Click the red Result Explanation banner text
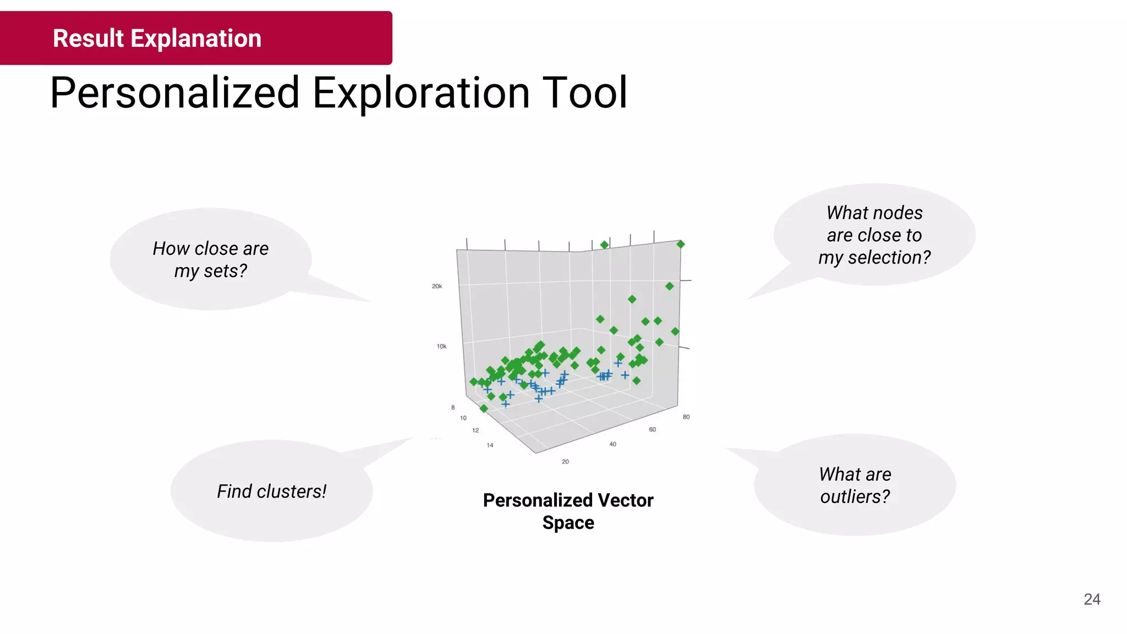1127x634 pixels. point(157,39)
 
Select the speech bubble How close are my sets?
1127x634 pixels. point(211,259)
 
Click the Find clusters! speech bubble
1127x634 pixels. point(271,491)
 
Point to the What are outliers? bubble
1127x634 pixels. point(855,485)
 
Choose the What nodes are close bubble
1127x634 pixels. point(874,234)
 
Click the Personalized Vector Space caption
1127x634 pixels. point(568,511)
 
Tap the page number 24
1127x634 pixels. point(1092,599)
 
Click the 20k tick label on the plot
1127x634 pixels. point(437,286)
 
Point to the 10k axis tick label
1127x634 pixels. point(441,346)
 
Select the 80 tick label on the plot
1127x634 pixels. point(686,417)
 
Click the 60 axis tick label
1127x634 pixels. point(652,429)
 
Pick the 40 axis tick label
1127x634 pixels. point(612,444)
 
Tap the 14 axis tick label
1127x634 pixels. point(490,445)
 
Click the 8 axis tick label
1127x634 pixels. point(453,407)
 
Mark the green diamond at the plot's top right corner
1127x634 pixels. point(681,244)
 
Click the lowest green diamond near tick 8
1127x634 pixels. point(484,408)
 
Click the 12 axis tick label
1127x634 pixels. point(475,430)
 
